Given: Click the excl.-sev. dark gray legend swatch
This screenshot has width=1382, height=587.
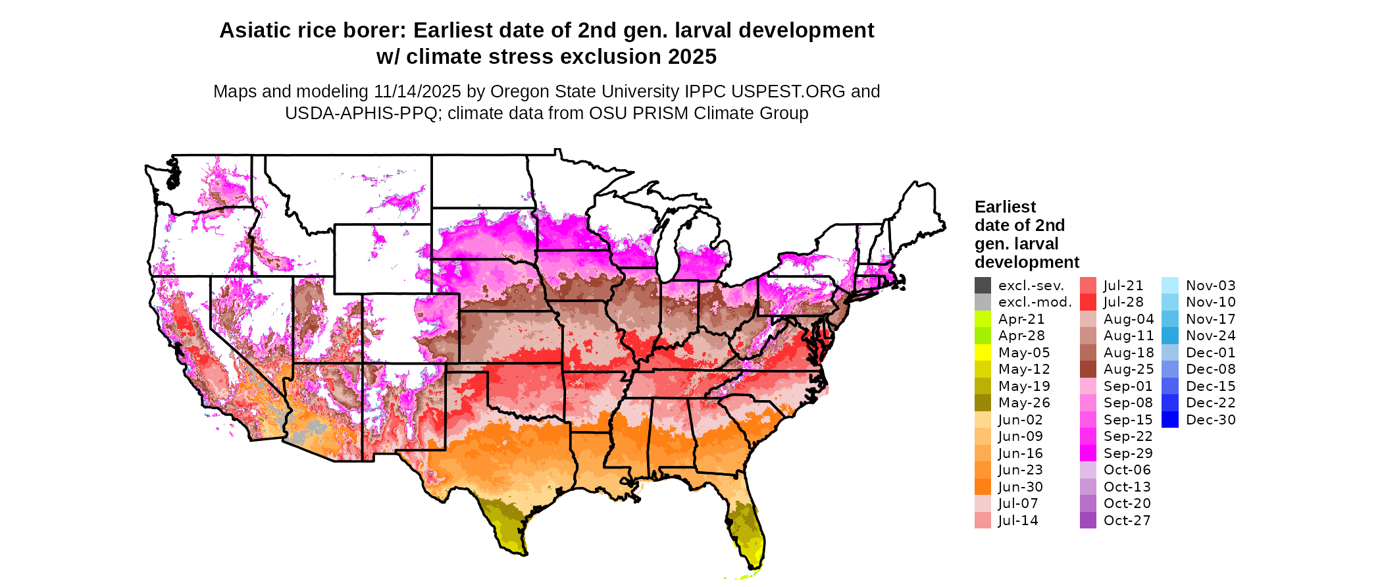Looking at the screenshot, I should pyautogui.click(x=983, y=286).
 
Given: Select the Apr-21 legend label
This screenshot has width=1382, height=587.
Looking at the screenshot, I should pyautogui.click(x=1021, y=319).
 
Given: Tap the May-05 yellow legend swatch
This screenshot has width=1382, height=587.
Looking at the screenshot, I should pyautogui.click(x=983, y=353).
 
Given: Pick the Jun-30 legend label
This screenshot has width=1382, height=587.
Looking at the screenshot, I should pyautogui.click(x=1021, y=487).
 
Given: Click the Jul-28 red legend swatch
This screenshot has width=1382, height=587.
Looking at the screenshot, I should pyautogui.click(x=1088, y=302).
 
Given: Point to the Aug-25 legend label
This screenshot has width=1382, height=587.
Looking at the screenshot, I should pyautogui.click(x=1129, y=369).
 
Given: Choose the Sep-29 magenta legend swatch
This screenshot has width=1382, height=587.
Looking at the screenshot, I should pyautogui.click(x=1088, y=453).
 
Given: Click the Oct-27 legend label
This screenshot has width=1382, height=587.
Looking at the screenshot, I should pyautogui.click(x=1127, y=521).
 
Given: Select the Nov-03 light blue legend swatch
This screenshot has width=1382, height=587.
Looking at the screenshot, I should pyautogui.click(x=1170, y=286).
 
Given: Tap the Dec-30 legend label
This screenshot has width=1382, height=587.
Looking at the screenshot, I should pyautogui.click(x=1211, y=420).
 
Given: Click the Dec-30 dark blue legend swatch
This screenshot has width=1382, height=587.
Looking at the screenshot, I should pyautogui.click(x=1170, y=420).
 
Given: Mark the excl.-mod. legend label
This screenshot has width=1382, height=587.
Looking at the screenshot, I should pyautogui.click(x=1035, y=302).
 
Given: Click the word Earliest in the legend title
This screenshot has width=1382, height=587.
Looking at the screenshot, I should pyautogui.click(x=1005, y=207).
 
